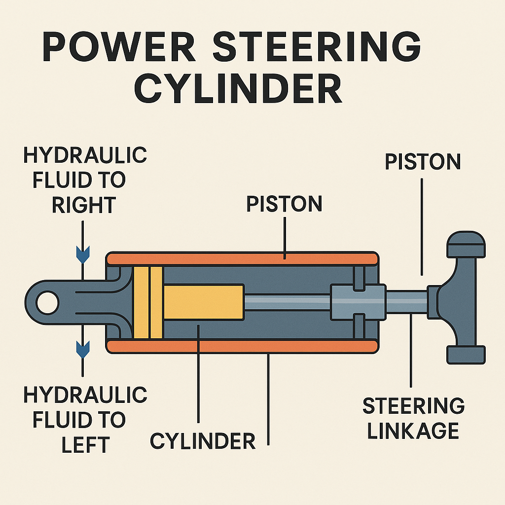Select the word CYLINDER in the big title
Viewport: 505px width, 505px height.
(238, 89)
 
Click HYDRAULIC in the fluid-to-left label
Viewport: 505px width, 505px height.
(85, 395)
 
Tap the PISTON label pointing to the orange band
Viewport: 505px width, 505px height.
(284, 203)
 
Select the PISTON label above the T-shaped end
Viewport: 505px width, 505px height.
(423, 162)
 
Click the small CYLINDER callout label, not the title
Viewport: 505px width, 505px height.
(203, 440)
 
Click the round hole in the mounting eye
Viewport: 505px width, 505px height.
(47, 301)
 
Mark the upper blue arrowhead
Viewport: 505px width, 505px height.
(82, 255)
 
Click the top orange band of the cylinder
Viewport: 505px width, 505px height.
(242, 258)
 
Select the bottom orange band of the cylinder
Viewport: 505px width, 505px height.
(242, 346)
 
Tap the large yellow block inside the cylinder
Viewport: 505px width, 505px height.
(203, 302)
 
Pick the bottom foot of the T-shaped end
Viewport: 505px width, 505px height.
(466, 355)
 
